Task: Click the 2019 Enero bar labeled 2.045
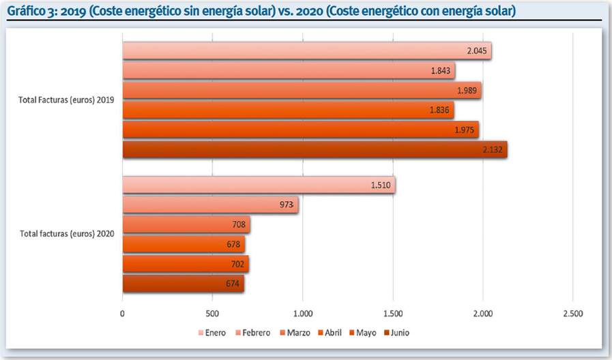tap(306, 51)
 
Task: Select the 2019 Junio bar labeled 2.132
tap(314, 149)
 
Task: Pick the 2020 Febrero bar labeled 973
tap(209, 205)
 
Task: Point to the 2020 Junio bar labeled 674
tap(182, 284)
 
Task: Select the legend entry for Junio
tap(396, 333)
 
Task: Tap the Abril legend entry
tap(332, 333)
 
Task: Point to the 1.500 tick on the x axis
tap(392, 314)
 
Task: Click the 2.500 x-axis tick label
tap(572, 314)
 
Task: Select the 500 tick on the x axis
tap(212, 314)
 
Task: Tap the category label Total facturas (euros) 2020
tap(66, 234)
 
